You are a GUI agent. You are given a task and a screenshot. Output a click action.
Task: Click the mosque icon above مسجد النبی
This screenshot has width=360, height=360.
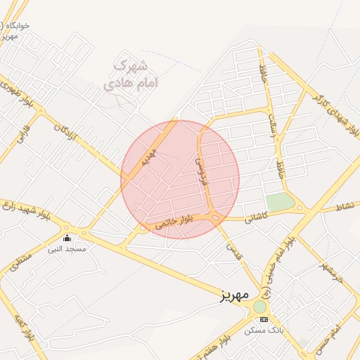pos(67,238)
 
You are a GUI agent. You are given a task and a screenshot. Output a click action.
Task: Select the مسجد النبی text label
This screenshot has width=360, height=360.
pos(67,249)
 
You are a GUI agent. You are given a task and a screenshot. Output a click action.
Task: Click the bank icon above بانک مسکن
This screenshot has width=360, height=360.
pos(264,319)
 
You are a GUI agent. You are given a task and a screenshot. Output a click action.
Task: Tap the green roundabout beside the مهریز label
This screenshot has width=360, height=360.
pos(260,307)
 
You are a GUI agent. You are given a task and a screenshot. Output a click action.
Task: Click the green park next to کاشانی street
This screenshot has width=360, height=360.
pos(280,202)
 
